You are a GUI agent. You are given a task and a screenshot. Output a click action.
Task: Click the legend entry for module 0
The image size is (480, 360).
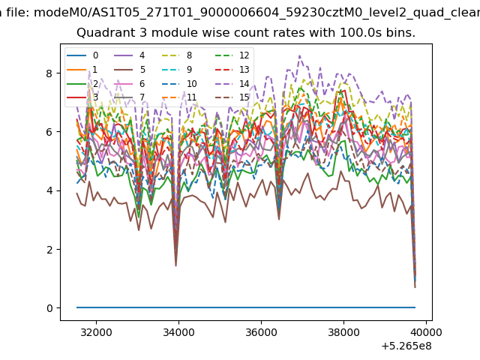[82, 55]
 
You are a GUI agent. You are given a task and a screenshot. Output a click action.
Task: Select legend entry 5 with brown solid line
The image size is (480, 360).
[130, 70]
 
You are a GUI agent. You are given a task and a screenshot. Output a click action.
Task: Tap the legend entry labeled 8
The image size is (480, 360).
[177, 55]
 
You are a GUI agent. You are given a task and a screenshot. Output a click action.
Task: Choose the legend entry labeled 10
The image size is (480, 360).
[179, 83]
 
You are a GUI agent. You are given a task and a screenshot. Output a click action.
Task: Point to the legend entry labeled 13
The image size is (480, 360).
[231, 70]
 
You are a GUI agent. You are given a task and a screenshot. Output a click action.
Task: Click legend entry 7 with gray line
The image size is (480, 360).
[130, 97]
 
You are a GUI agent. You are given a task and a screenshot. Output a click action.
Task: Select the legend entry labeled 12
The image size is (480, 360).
[231, 55]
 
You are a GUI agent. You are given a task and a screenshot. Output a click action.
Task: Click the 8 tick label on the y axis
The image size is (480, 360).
[49, 73]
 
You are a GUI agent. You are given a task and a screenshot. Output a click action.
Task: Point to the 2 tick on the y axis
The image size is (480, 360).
[49, 250]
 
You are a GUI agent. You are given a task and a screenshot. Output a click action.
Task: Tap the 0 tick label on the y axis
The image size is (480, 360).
[49, 308]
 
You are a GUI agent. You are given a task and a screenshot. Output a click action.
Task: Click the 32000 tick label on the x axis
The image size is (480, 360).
[96, 332]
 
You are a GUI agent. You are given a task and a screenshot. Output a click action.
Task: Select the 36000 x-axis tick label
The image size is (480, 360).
[261, 332]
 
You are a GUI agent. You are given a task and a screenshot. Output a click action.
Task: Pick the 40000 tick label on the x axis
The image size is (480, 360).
[426, 332]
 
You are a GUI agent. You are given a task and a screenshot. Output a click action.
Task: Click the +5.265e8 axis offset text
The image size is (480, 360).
[406, 346]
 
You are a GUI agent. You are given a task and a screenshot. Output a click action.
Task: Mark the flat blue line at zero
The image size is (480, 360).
[246, 307]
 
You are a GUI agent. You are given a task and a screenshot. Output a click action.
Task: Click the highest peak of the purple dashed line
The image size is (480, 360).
[299, 55]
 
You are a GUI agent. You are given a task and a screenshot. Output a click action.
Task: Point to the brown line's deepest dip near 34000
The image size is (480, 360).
[175, 265]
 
